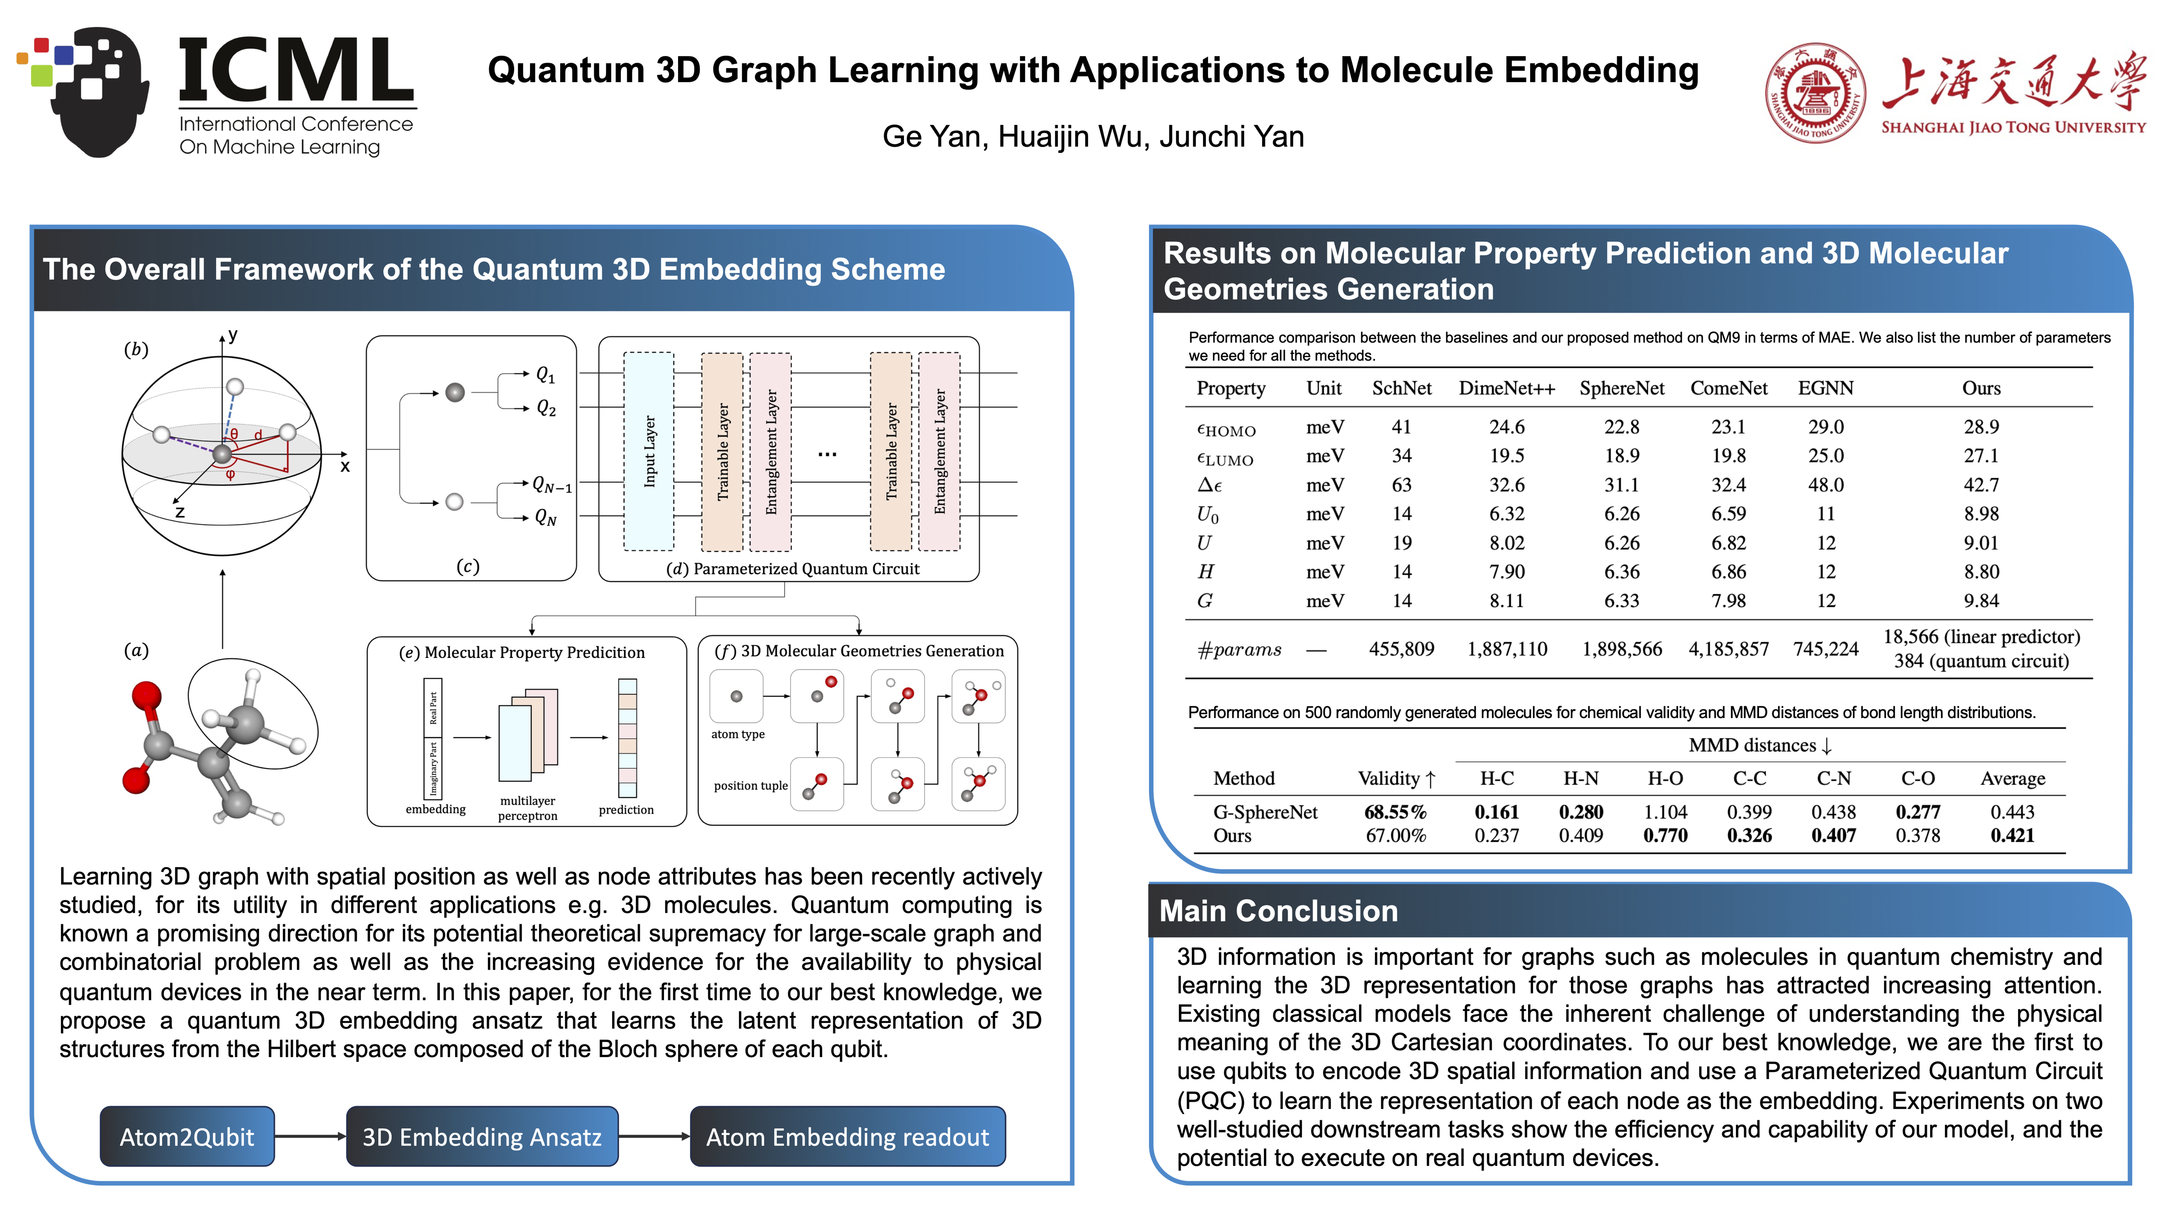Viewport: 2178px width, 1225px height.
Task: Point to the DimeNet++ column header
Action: click(x=1507, y=388)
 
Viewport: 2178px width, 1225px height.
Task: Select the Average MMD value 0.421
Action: click(x=2012, y=835)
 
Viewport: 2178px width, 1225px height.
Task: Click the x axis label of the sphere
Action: click(x=345, y=466)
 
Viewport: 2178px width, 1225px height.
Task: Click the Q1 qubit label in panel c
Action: click(x=545, y=374)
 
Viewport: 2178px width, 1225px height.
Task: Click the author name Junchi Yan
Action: click(x=1232, y=136)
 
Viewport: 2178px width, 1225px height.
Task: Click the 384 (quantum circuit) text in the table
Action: click(x=1981, y=661)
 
